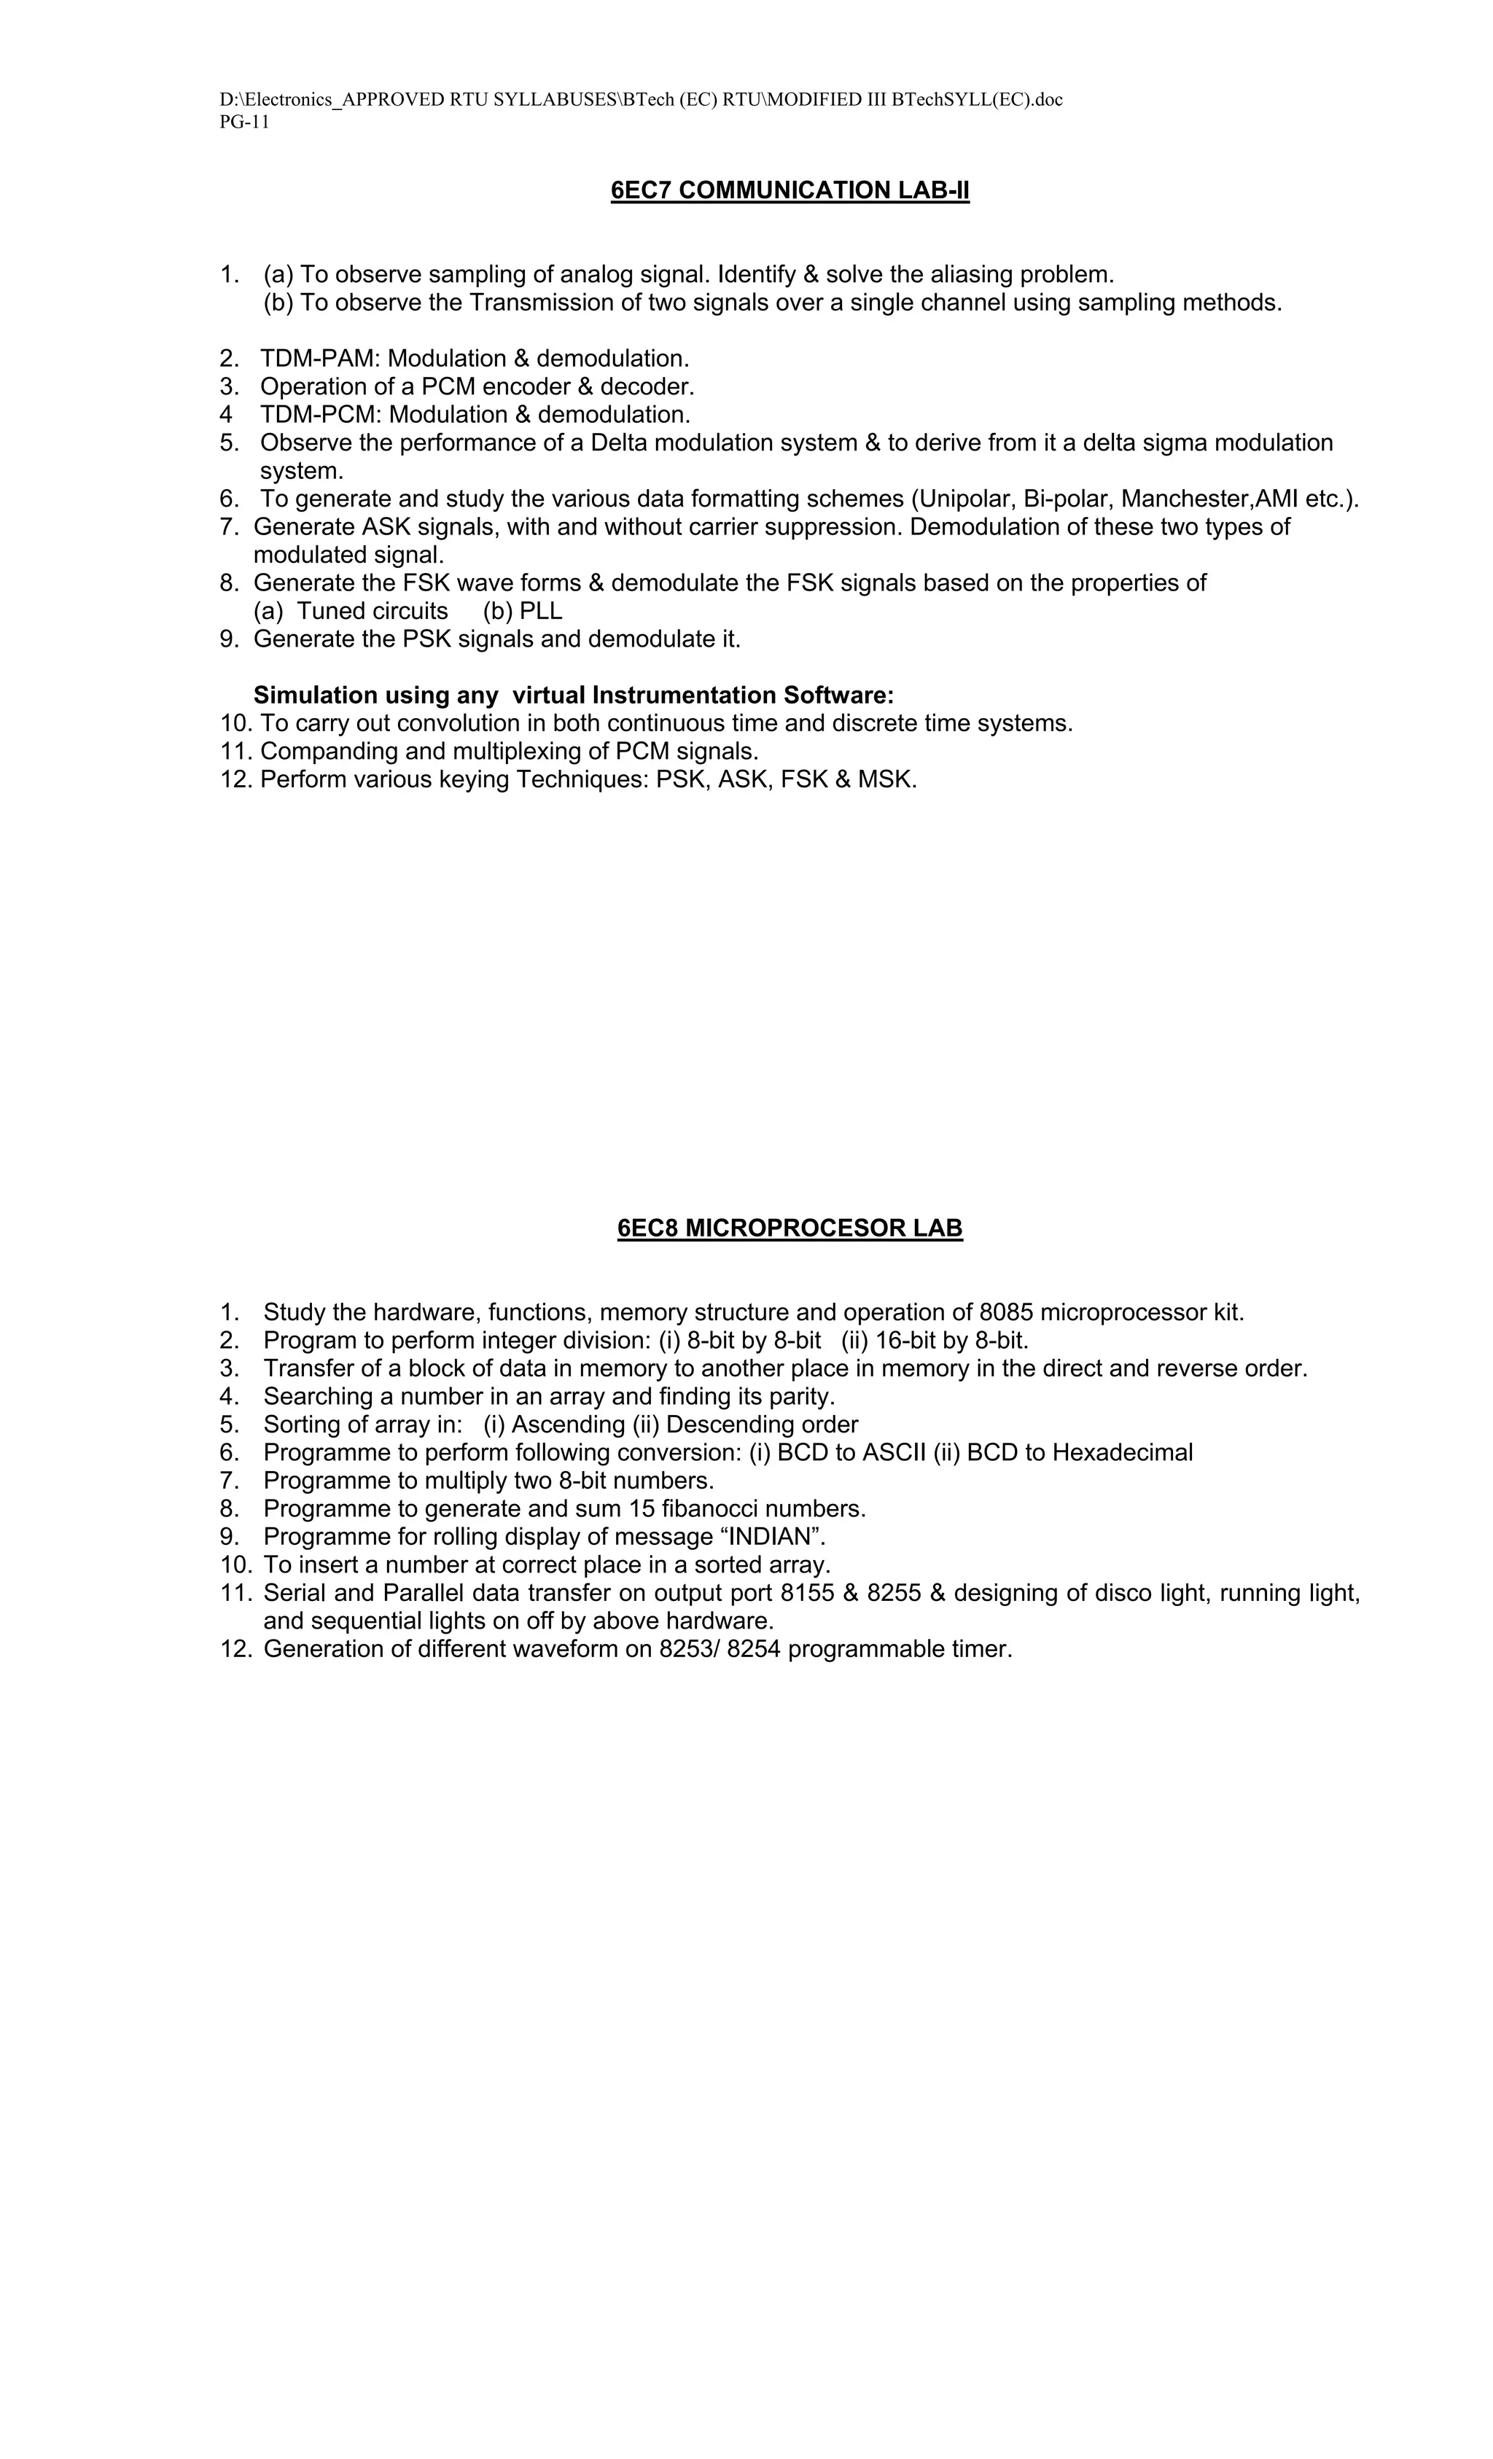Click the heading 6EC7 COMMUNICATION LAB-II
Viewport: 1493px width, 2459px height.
(x=790, y=190)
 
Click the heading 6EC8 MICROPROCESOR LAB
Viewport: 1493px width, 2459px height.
(x=790, y=1228)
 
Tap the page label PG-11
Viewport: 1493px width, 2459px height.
(x=244, y=122)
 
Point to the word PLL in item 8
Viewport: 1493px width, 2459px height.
(x=541, y=611)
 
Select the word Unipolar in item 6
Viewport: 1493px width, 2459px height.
(x=962, y=499)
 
